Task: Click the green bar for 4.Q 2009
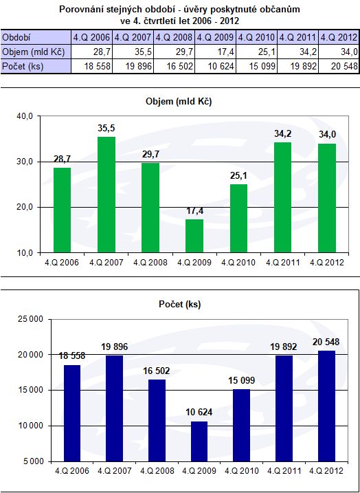pyautogui.click(x=194, y=236)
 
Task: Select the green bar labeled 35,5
pyautogui.click(x=106, y=195)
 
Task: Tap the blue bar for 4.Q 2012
pyautogui.click(x=326, y=406)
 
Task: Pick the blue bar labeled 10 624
pyautogui.click(x=199, y=441)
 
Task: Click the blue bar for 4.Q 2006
pyautogui.click(x=71, y=413)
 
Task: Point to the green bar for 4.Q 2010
pyautogui.click(x=238, y=219)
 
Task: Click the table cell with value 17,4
pyautogui.click(x=215, y=52)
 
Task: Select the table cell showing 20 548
pyautogui.click(x=338, y=66)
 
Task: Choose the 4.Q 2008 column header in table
pyautogui.click(x=174, y=37)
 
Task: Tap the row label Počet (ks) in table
pyautogui.click(x=23, y=66)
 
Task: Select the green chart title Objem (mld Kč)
pyautogui.click(x=179, y=102)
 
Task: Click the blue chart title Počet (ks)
pyautogui.click(x=180, y=304)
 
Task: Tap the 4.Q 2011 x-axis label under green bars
pyautogui.click(x=283, y=262)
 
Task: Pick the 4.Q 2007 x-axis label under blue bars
pyautogui.click(x=114, y=471)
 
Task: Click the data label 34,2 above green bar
pyautogui.click(x=282, y=134)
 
